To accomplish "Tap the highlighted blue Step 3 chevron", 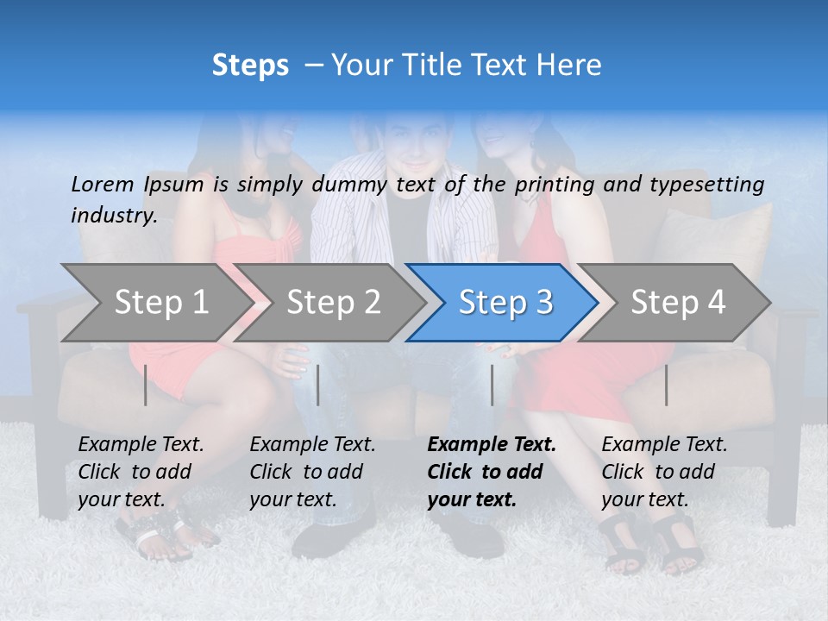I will click(505, 303).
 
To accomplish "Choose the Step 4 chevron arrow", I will click(678, 303).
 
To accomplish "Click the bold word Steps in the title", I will click(250, 65).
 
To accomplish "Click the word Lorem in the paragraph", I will click(102, 184).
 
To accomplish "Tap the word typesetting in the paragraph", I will click(707, 184).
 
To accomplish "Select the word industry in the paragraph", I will click(114, 215).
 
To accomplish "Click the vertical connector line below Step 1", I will click(146, 385).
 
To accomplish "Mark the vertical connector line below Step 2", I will click(318, 385).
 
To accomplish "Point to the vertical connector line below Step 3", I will click(492, 385).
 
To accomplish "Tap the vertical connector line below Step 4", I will click(667, 385).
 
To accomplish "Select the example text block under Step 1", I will click(141, 472).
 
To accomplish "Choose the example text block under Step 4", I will click(664, 472).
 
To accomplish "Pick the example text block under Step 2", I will click(312, 472).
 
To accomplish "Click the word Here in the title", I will click(568, 65).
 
